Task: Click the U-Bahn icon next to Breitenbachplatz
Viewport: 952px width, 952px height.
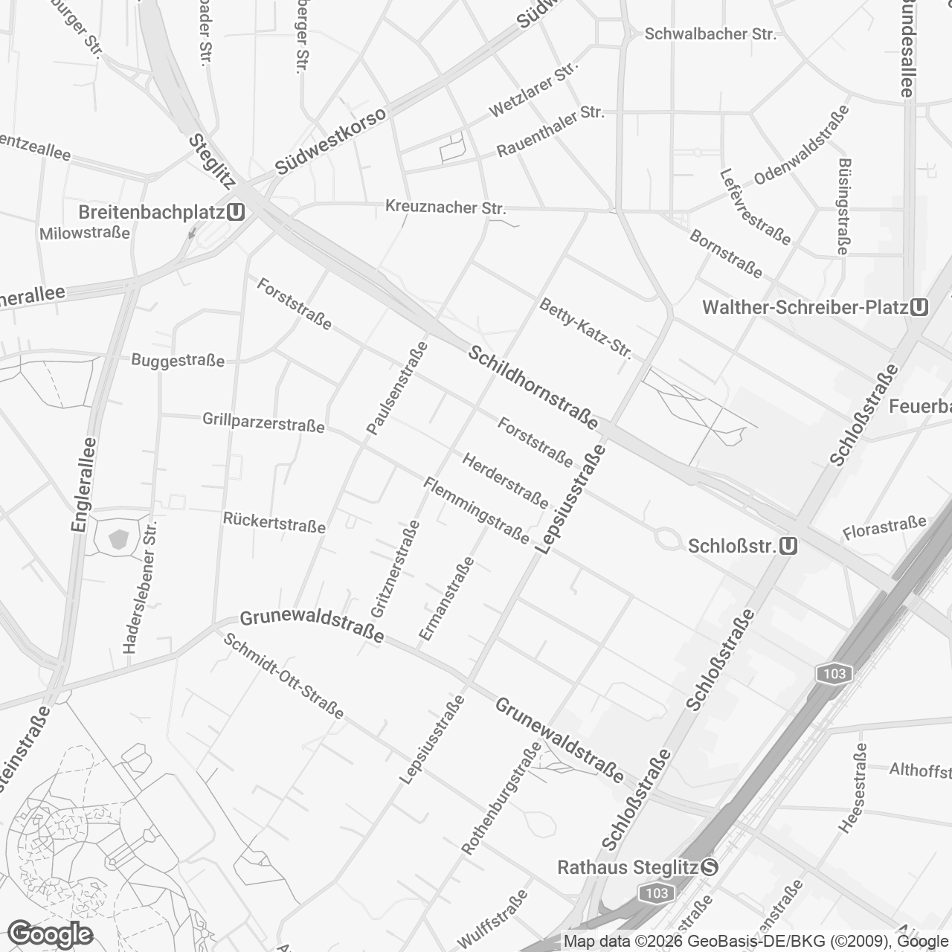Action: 237,212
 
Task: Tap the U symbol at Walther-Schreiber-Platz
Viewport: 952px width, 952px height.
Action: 919,307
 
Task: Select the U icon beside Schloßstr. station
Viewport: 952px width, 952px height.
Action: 789,547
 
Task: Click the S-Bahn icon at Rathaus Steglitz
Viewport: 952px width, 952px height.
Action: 710,867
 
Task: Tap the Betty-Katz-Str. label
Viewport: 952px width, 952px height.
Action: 586,329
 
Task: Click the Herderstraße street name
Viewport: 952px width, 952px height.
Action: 505,480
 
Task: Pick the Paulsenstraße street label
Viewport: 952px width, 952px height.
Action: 398,387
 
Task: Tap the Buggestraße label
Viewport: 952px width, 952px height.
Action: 178,361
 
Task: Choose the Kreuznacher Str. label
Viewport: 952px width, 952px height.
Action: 446,207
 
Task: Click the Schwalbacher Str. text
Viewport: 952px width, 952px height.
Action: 710,34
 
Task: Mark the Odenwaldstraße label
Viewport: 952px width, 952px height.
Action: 802,145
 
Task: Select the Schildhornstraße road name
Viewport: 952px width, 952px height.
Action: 533,387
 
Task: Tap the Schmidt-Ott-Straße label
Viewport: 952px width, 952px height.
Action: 284,676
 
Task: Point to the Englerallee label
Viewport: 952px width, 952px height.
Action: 85,484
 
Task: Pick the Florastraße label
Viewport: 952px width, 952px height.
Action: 885,529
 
